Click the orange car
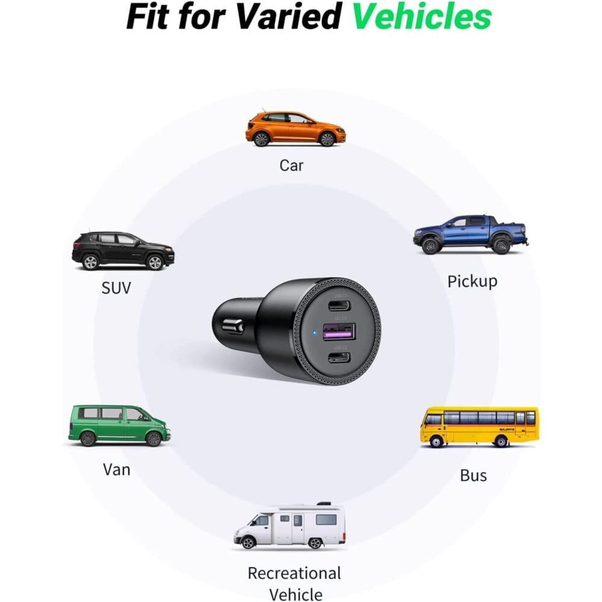[295, 128]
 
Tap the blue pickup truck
[469, 234]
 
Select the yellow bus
[478, 426]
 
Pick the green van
[119, 425]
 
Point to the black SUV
[123, 250]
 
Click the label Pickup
[472, 281]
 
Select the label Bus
[473, 475]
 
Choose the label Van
[117, 469]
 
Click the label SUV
[116, 287]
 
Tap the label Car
[291, 165]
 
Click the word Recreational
[294, 572]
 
